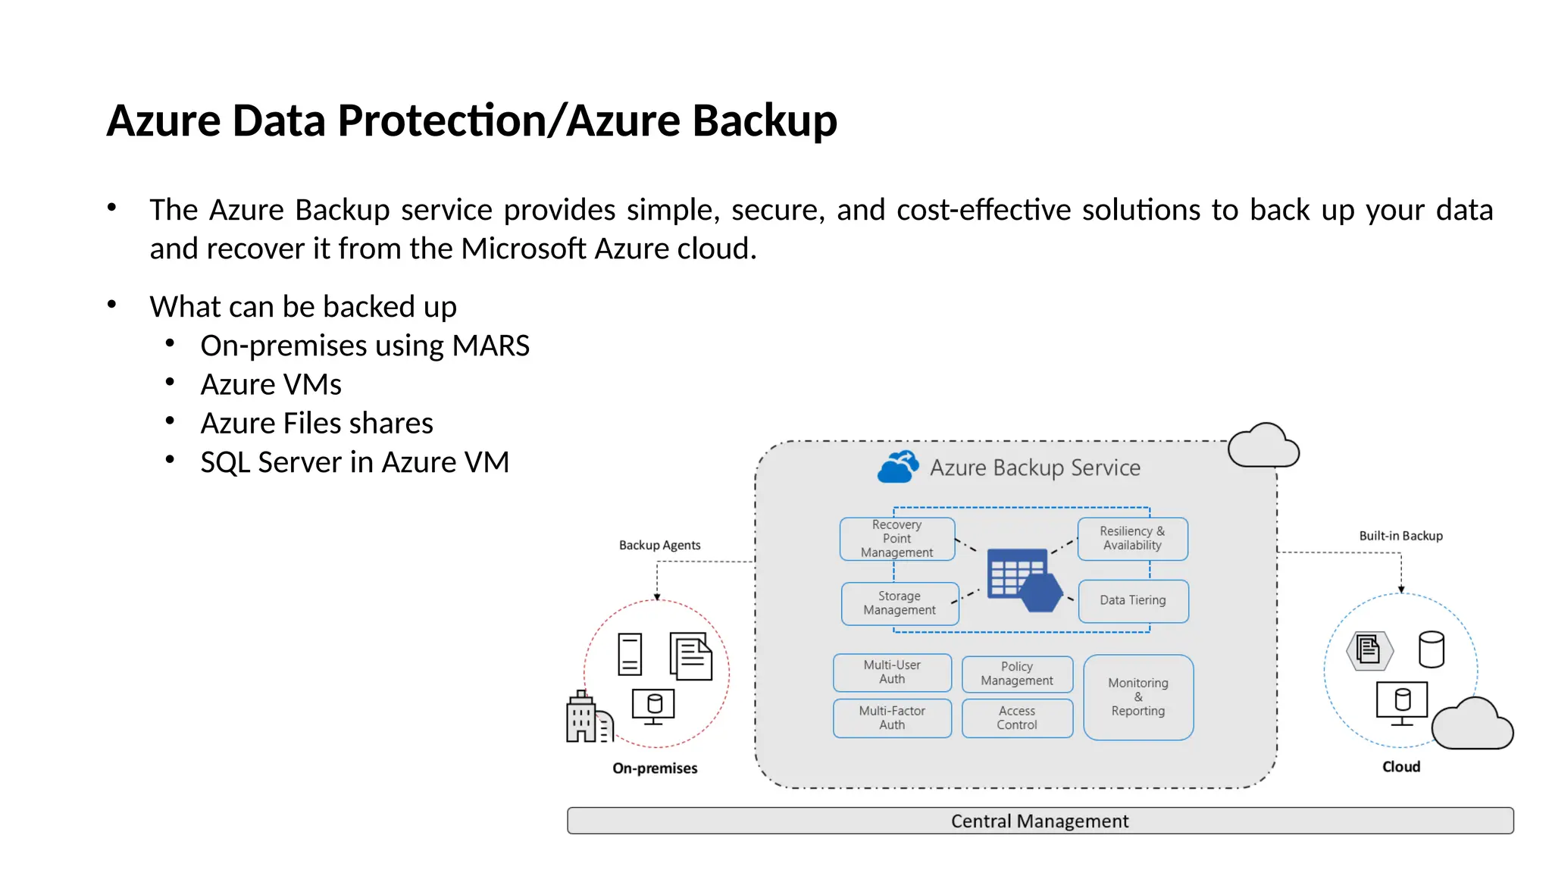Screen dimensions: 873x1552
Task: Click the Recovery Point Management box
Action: tap(896, 539)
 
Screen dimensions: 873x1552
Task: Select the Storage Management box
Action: tap(900, 603)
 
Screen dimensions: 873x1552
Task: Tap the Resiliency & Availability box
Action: tap(1132, 539)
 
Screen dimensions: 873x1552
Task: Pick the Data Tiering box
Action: tap(1133, 601)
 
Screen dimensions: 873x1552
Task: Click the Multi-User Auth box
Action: tap(892, 672)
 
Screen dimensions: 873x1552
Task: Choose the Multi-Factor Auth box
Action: tap(892, 718)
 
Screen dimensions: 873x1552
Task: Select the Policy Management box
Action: tap(1017, 674)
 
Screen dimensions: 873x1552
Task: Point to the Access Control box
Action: tap(1017, 718)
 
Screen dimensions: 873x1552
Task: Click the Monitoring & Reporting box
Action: tap(1138, 697)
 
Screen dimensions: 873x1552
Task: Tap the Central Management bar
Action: tap(1040, 821)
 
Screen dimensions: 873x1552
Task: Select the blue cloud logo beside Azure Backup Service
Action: tap(898, 467)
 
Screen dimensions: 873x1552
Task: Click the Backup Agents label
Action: tap(659, 545)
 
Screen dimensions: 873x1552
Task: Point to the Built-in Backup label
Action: tap(1400, 536)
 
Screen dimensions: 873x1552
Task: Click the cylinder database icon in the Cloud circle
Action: tap(1431, 649)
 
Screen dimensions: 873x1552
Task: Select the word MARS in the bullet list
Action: tap(490, 346)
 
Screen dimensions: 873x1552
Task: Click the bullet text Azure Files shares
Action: tap(317, 423)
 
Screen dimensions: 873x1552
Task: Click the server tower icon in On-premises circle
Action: tap(630, 654)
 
